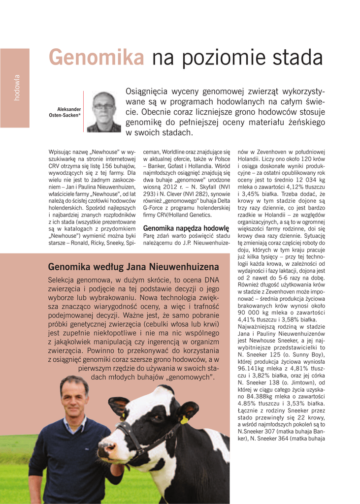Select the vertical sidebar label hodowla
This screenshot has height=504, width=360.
[x=17, y=88]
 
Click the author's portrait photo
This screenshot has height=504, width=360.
[x=103, y=112]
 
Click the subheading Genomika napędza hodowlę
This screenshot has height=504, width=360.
[x=186, y=228]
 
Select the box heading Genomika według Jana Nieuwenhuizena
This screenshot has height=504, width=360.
[x=133, y=267]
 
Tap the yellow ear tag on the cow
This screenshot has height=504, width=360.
[x=184, y=419]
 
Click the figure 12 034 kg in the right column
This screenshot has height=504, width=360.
[x=306, y=180]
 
